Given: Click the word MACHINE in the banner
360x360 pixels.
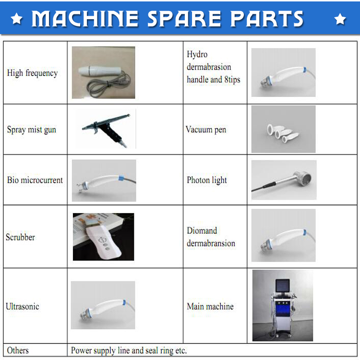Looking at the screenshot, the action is [84, 18].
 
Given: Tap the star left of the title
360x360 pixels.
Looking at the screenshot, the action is [17, 18].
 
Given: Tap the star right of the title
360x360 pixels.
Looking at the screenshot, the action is [340, 19].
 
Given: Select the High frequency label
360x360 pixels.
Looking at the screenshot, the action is [32, 73].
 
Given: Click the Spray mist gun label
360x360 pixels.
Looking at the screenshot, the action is [32, 130].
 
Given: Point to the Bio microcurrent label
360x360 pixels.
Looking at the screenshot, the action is [35, 180].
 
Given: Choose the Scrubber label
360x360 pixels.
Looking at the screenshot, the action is [21, 237].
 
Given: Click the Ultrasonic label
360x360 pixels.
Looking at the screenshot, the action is [23, 307].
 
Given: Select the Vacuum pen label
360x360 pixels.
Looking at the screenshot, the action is [206, 130].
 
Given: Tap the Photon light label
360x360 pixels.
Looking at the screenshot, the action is [207, 180].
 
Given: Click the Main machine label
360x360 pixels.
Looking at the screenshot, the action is [210, 307].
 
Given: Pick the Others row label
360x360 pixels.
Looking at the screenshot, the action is [18, 350].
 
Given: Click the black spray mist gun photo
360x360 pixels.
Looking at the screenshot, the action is [106, 129].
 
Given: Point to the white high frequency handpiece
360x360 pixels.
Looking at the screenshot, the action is [100, 70].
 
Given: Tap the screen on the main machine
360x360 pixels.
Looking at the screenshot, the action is [282, 286].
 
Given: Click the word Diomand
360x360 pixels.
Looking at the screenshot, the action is [202, 230].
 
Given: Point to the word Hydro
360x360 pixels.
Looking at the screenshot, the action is [197, 54].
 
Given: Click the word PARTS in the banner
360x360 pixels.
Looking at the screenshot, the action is [267, 18].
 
